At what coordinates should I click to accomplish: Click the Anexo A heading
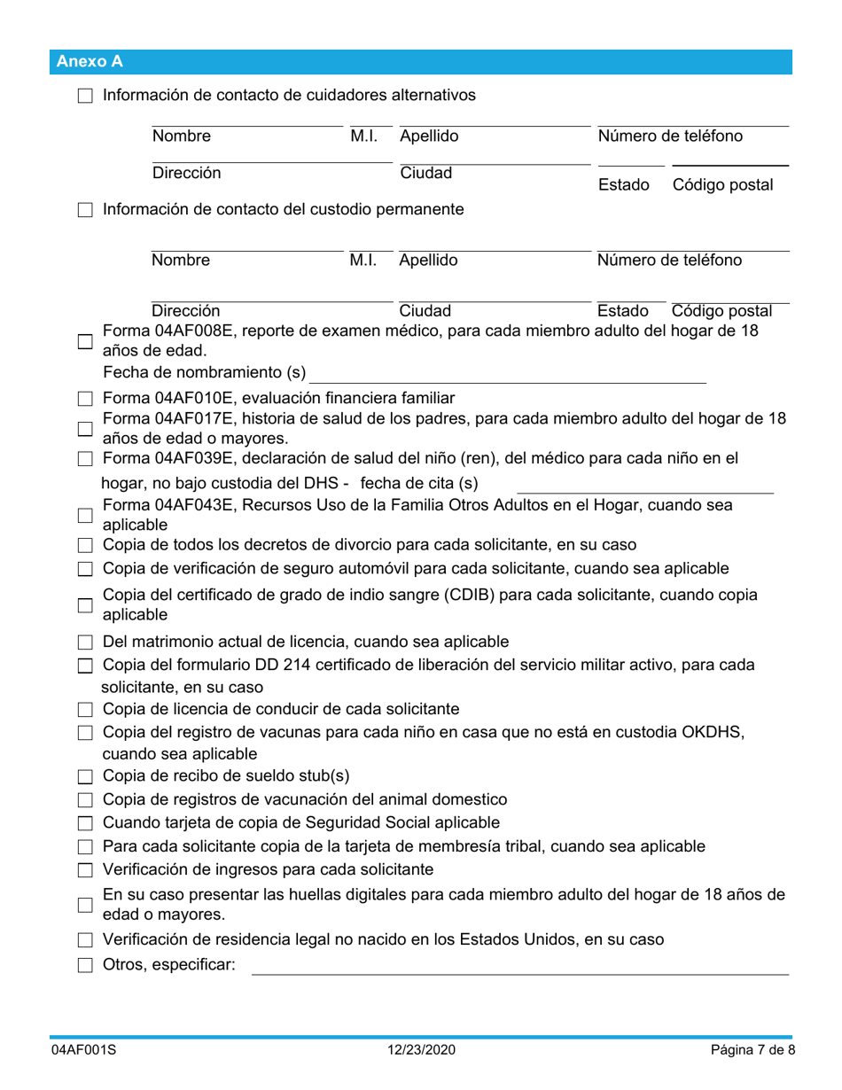[90, 61]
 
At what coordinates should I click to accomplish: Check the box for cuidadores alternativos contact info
[85, 96]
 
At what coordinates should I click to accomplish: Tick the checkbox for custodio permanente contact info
[85, 211]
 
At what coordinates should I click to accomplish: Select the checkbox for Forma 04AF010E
[85, 397]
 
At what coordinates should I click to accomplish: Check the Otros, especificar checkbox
[85, 966]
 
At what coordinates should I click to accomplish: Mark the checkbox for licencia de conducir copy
[85, 710]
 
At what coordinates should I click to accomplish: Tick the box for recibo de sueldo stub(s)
[85, 777]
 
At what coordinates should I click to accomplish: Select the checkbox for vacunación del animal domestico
[85, 800]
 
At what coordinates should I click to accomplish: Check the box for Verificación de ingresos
[85, 869]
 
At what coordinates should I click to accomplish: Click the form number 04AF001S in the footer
[82, 1050]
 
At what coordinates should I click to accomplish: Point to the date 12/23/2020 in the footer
[421, 1050]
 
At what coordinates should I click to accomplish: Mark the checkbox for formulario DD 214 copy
[85, 666]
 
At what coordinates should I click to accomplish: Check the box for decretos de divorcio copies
[85, 544]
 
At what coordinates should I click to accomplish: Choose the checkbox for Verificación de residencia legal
[85, 941]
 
